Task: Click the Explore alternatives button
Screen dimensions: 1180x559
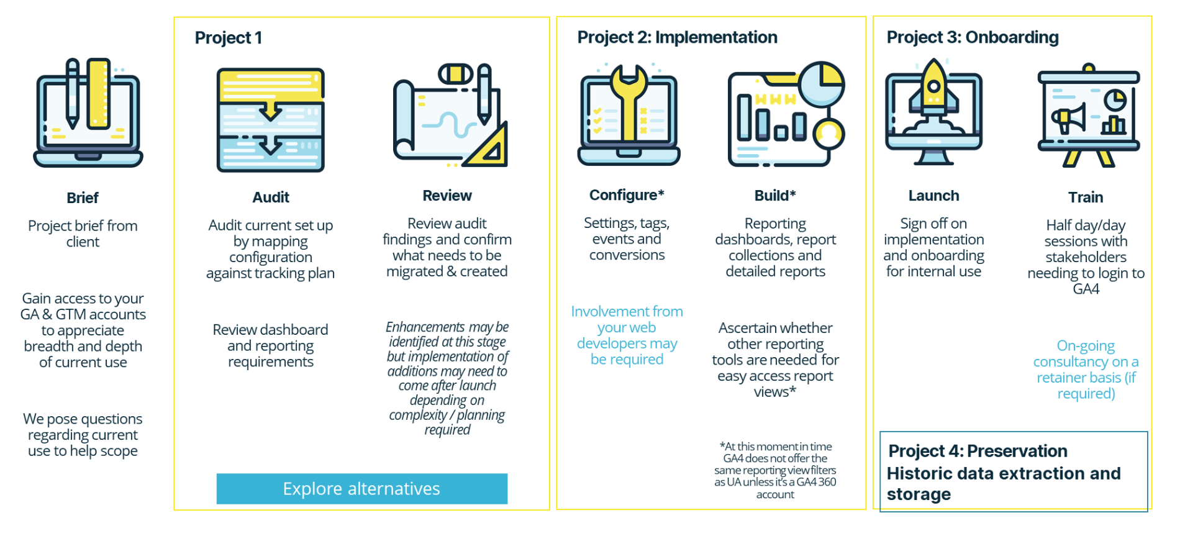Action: [x=361, y=489]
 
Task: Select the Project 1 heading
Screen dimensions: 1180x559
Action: [x=229, y=38]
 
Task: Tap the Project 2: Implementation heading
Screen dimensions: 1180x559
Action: [x=677, y=37]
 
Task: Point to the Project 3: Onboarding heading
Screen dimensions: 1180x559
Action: [x=973, y=37]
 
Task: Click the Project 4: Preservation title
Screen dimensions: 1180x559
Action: [x=978, y=451]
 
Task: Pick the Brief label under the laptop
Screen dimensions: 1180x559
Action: [x=83, y=198]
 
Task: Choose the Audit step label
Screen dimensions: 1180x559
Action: [x=271, y=198]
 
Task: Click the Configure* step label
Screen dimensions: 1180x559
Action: [x=627, y=195]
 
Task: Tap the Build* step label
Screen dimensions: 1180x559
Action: [x=775, y=196]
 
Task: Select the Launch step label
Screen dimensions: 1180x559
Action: [x=933, y=196]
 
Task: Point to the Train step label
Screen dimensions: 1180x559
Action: [x=1086, y=198]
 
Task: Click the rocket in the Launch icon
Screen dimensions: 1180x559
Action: [x=933, y=90]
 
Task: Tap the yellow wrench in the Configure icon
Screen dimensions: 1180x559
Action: [x=629, y=102]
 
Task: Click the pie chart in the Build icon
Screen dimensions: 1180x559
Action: [x=822, y=84]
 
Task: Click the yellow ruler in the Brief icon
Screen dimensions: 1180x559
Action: [x=98, y=94]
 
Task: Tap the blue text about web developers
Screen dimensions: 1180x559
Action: [x=627, y=335]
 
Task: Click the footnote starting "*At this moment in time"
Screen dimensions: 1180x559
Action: [x=775, y=470]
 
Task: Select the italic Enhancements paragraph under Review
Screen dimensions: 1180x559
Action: [x=447, y=378]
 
